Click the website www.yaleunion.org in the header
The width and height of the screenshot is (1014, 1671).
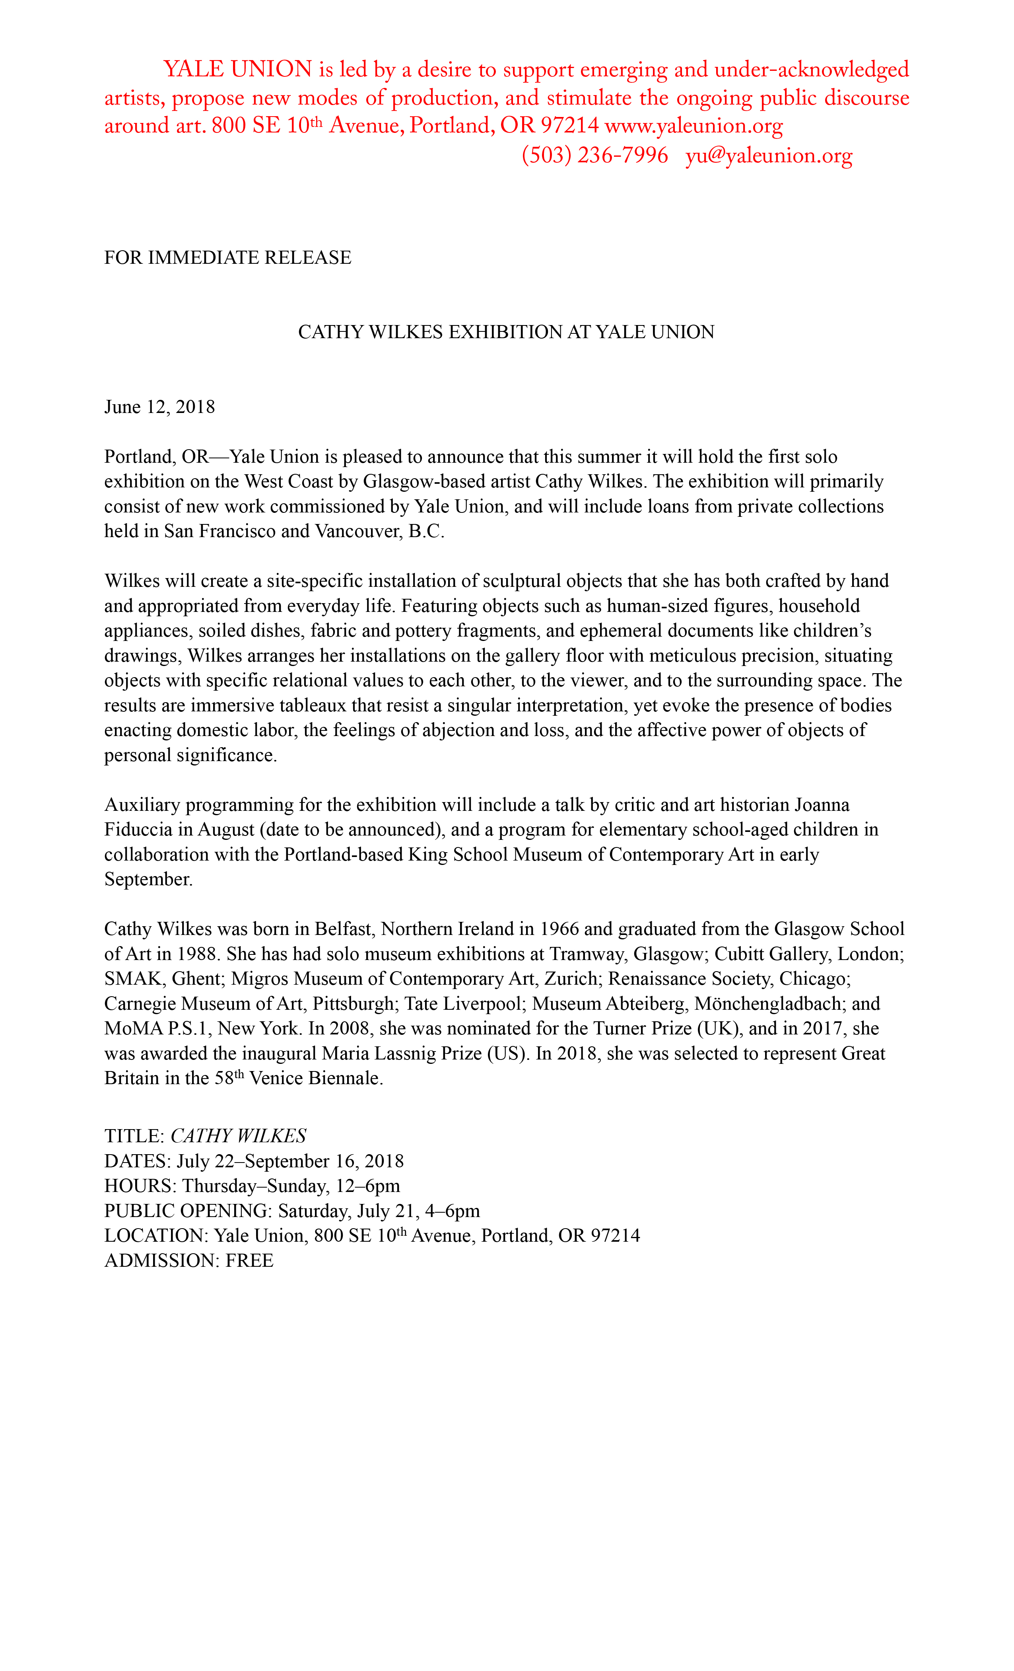pos(693,126)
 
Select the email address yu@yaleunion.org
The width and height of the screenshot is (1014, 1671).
pos(769,156)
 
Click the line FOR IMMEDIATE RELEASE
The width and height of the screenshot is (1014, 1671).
pos(228,258)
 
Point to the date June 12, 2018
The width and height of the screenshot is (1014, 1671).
pos(159,407)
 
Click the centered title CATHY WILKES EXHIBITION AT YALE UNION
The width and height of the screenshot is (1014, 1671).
pos(506,332)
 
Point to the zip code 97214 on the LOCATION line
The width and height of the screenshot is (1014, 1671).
pos(615,1236)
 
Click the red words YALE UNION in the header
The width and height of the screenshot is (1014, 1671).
pos(237,70)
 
